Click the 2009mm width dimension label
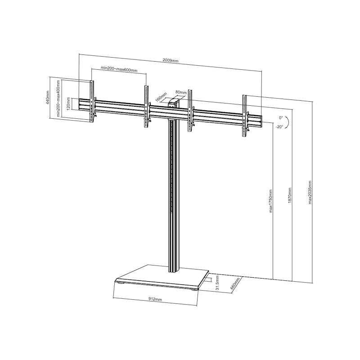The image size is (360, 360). pyautogui.click(x=171, y=61)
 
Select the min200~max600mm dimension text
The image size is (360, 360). pyautogui.click(x=119, y=69)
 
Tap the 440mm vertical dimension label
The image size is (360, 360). pyautogui.click(x=48, y=98)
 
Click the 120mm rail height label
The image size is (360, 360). pyautogui.click(x=68, y=104)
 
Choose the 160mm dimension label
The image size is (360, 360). pyautogui.click(x=161, y=97)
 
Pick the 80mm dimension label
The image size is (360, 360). pyautogui.click(x=181, y=92)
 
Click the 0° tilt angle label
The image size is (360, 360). pyautogui.click(x=281, y=118)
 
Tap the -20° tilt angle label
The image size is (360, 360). pyautogui.click(x=280, y=126)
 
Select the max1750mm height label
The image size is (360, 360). pyautogui.click(x=271, y=201)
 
